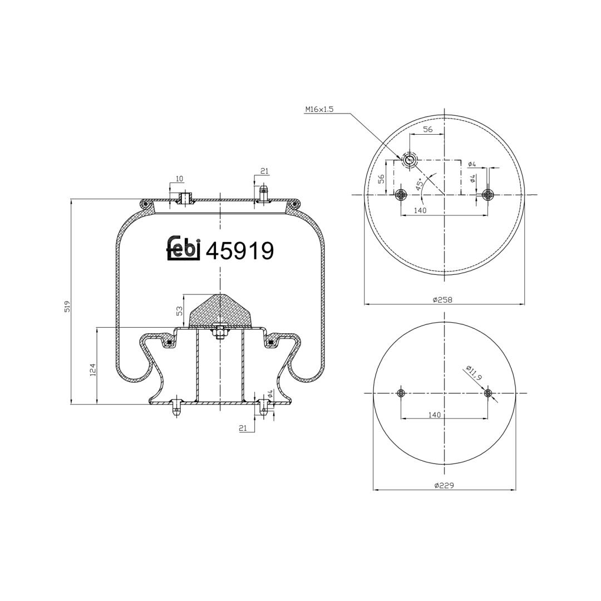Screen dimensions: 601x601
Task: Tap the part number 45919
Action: [240, 251]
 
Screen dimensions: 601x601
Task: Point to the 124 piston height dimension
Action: [93, 370]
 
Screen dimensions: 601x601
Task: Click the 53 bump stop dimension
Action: [179, 311]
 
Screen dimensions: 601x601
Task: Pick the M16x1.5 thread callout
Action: [319, 109]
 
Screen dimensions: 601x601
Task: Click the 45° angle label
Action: [420, 184]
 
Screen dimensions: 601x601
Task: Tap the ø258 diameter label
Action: [443, 299]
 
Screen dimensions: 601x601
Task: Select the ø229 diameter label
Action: [444, 485]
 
